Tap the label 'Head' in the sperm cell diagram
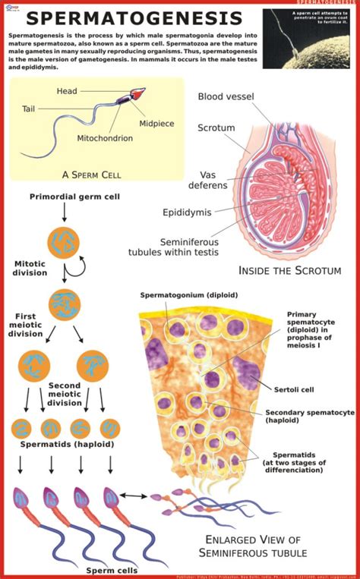(x=67, y=91)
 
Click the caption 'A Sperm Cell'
(x=92, y=175)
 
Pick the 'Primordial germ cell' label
(x=65, y=197)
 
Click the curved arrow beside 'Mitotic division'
(x=78, y=265)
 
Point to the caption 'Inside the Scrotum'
(x=289, y=270)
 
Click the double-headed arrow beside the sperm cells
(x=134, y=496)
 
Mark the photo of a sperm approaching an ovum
(x=310, y=38)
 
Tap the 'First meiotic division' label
(x=25, y=324)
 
